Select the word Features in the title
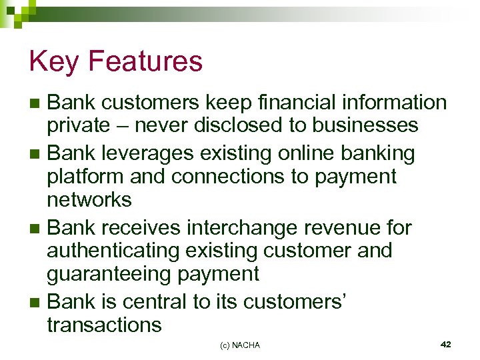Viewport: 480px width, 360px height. (x=145, y=62)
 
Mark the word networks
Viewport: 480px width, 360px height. (x=89, y=199)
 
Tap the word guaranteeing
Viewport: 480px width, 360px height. (x=103, y=274)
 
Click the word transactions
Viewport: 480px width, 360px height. (x=104, y=325)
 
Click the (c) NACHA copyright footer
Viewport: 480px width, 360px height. (x=240, y=345)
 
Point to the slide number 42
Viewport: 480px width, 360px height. (x=446, y=344)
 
